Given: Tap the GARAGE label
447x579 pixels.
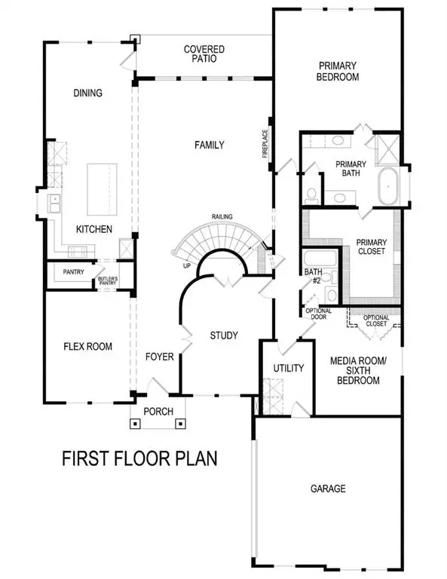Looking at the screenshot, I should pyautogui.click(x=327, y=489).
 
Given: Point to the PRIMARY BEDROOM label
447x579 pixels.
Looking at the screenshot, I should pyautogui.click(x=338, y=71).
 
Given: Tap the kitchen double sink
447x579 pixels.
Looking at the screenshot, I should pyautogui.click(x=55, y=203).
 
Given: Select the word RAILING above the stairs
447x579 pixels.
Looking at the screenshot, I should pyautogui.click(x=222, y=216).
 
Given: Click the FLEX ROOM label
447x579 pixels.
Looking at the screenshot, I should pyautogui.click(x=87, y=347).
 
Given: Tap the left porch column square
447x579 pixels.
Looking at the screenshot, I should pyautogui.click(x=135, y=423).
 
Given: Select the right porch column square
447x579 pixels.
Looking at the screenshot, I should pyautogui.click(x=180, y=423).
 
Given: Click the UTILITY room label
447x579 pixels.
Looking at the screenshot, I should pyautogui.click(x=287, y=369).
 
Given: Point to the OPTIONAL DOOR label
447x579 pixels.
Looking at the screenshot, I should pyautogui.click(x=315, y=313).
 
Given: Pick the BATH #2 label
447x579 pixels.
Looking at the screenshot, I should pyautogui.click(x=314, y=276).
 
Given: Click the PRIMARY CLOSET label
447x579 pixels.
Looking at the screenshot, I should pyautogui.click(x=371, y=247).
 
